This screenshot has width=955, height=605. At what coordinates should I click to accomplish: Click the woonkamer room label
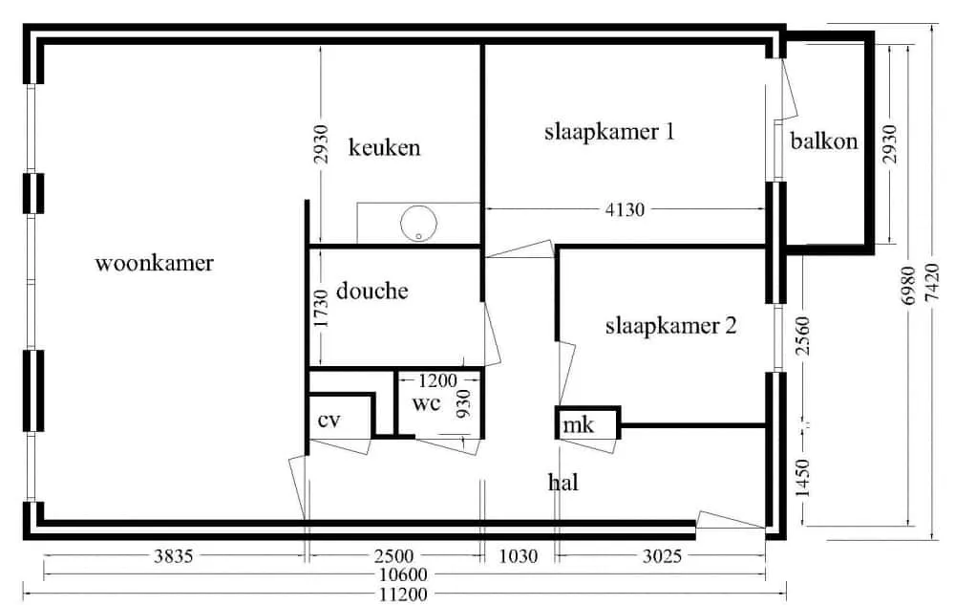click(154, 263)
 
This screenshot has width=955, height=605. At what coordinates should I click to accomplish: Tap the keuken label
click(384, 147)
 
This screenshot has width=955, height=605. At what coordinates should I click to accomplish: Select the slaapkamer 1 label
click(609, 132)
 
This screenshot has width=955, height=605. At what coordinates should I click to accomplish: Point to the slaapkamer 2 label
click(670, 326)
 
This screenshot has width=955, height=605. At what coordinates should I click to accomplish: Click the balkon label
click(824, 141)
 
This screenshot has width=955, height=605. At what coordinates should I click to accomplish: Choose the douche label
click(372, 291)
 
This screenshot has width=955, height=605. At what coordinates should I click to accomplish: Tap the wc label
click(426, 403)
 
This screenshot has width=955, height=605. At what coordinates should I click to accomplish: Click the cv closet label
click(329, 421)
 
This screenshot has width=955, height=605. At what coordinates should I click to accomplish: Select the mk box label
click(578, 424)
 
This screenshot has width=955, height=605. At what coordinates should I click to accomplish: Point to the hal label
click(562, 483)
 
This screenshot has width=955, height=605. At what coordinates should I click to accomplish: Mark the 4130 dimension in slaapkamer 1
click(625, 209)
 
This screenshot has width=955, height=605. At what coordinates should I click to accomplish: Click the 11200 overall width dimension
click(403, 594)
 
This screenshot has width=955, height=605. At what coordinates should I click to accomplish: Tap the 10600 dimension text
click(403, 574)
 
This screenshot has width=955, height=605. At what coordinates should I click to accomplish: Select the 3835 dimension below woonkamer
click(174, 555)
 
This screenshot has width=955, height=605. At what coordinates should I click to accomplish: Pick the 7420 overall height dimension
click(932, 282)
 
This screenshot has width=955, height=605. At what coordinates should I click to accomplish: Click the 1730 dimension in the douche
click(321, 308)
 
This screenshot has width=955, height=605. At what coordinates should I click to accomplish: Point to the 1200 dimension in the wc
click(437, 380)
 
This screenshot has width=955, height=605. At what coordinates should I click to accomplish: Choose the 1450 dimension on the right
click(803, 478)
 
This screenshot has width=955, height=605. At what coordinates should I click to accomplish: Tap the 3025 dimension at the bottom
click(662, 555)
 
